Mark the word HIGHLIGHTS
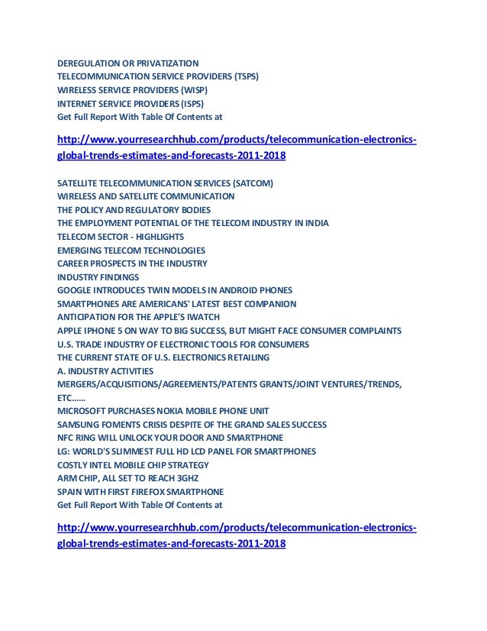click(x=150, y=237)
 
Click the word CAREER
click(x=74, y=264)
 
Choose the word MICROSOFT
click(x=85, y=410)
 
